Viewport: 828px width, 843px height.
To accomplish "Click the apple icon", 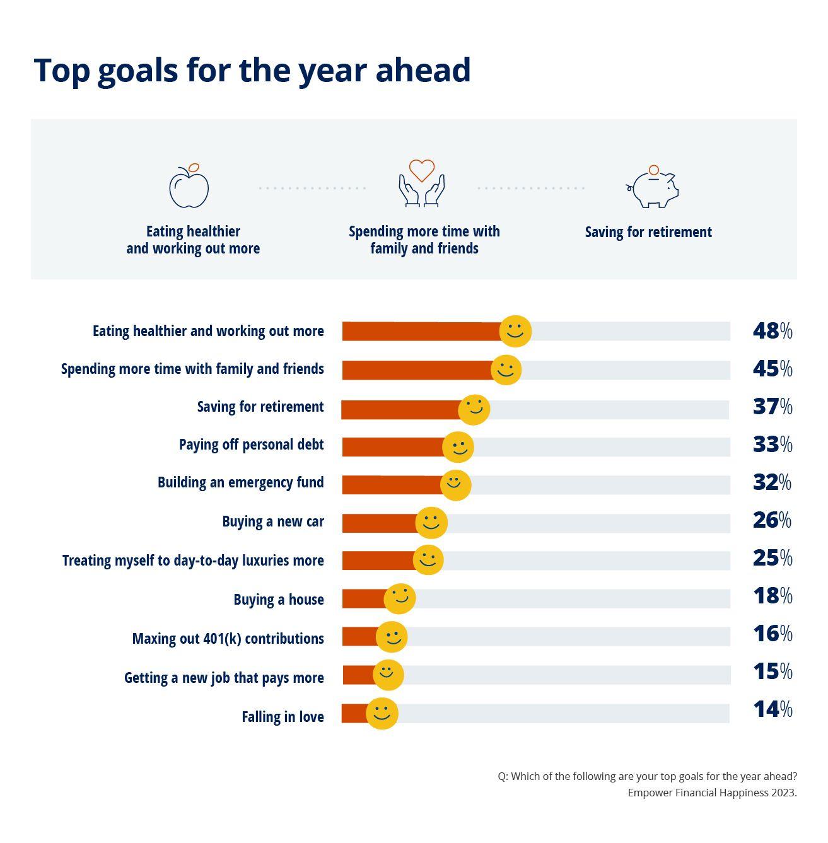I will coord(189,187).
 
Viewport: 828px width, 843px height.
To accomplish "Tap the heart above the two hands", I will coord(421,170).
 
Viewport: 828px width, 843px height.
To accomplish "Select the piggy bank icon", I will coord(653,188).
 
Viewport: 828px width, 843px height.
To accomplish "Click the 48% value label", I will coord(772,331).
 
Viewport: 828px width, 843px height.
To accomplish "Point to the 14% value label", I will coord(772,709).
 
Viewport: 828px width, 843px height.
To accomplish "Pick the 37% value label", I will coord(772,407).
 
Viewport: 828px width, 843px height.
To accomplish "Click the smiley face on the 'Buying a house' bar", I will coord(400,598).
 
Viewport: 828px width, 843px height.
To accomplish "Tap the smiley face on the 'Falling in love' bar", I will coord(382,713).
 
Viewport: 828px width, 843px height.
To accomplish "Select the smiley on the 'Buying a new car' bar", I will coord(431,522).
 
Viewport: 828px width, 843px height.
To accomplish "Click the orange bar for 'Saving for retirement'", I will coord(401,410).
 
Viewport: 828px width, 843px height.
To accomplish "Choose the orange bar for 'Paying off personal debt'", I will coord(393,447).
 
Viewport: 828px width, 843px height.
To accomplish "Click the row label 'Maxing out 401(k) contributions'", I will coord(228,639).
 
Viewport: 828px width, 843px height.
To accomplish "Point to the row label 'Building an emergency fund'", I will coord(240,482).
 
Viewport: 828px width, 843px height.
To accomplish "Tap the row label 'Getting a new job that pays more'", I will coord(224,678).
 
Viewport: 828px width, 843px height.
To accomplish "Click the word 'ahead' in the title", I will coord(423,69).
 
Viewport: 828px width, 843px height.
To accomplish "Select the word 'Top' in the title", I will coord(61,71).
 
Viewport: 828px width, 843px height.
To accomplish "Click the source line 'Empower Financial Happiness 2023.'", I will coord(712,793).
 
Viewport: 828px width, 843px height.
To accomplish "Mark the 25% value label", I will coord(772,558).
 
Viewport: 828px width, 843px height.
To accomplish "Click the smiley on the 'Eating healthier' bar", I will coord(515,331).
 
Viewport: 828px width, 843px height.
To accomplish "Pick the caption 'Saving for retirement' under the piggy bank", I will coord(648,232).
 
